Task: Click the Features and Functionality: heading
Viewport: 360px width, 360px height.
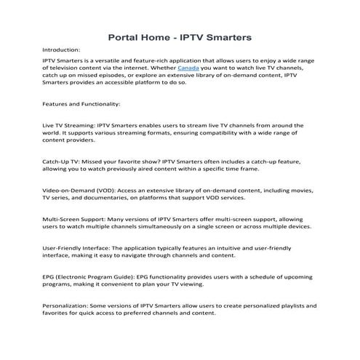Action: point(79,103)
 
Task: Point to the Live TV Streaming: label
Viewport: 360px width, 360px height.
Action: point(68,126)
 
